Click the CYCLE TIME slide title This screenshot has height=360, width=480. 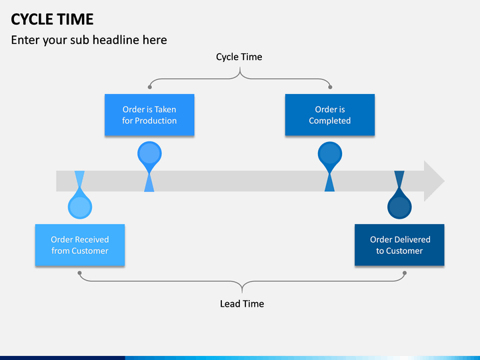point(52,19)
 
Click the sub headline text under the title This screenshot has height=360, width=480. point(89,40)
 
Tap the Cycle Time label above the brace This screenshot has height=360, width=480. point(239,57)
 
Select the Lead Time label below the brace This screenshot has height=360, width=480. point(242,304)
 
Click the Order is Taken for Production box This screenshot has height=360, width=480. point(149,115)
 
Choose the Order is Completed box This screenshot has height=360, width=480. point(330,115)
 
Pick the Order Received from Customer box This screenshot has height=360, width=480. point(80,245)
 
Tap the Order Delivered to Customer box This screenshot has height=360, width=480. point(399,245)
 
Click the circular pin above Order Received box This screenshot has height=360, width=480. point(80,207)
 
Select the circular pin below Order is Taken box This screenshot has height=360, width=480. point(149,153)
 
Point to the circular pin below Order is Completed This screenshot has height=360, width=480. point(330,153)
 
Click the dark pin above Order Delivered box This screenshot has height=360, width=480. point(399,207)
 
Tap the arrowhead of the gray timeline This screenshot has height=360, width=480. point(433,181)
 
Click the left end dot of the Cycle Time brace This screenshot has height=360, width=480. point(150,87)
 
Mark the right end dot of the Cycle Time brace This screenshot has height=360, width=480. point(330,87)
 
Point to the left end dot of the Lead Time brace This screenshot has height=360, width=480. point(79,273)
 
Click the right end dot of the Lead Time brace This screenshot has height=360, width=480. point(405,273)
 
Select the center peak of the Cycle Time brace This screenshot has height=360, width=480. point(240,68)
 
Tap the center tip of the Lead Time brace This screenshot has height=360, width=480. point(242,293)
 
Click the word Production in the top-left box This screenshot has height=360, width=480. point(156,121)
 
